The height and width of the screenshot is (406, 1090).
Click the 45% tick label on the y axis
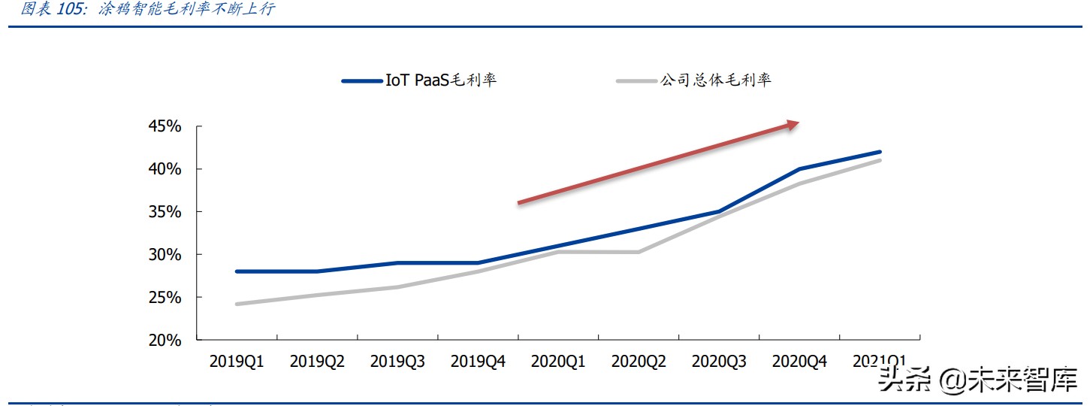(x=164, y=126)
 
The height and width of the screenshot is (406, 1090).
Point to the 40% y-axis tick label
(x=164, y=169)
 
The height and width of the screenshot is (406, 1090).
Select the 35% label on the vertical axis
(x=164, y=212)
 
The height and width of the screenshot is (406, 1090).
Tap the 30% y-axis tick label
(x=164, y=255)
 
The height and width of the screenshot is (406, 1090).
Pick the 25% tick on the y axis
(x=164, y=298)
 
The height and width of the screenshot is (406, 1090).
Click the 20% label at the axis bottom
(x=164, y=341)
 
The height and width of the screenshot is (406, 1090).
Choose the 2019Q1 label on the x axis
(x=237, y=362)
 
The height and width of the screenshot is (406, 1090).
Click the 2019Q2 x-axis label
(x=317, y=362)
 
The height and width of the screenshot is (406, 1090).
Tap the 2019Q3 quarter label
(x=397, y=362)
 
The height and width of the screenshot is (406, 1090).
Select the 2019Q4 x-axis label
(x=478, y=362)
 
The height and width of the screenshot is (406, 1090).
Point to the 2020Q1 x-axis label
(x=558, y=362)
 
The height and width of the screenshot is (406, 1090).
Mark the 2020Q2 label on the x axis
(x=639, y=362)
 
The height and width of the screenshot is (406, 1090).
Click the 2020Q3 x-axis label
(x=719, y=362)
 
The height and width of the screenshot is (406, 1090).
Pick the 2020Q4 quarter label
(x=799, y=362)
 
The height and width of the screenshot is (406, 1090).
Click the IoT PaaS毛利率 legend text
(x=441, y=80)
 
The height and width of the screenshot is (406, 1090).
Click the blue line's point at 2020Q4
(x=799, y=169)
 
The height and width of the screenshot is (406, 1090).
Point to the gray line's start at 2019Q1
(x=237, y=304)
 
